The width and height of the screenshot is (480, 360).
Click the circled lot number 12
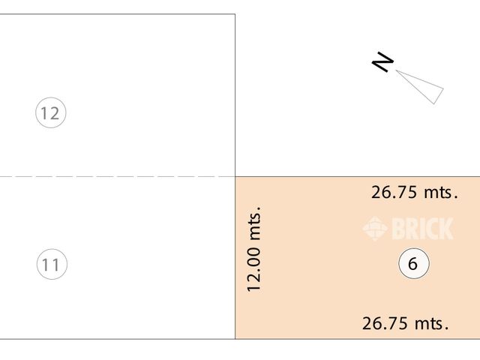pos(51,114)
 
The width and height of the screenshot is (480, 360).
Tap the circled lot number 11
pos(51,264)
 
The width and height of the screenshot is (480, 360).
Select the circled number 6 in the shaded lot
pos(413,264)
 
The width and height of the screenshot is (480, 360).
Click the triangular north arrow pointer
pos(423,85)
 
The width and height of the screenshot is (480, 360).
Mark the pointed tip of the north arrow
pos(397,71)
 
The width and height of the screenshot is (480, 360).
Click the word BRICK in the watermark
pos(421,228)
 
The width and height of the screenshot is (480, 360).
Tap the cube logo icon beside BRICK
pos(374,228)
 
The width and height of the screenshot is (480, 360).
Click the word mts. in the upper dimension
pos(440,192)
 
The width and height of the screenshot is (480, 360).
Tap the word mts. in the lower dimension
pos(431,324)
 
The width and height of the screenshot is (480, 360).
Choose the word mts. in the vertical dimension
pos(253,223)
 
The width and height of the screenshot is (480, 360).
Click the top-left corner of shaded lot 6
pos(235,177)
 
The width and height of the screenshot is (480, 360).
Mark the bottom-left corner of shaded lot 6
pos(235,339)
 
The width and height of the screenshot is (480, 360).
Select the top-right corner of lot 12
pos(235,14)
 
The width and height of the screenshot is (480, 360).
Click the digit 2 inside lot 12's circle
pos(55,114)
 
